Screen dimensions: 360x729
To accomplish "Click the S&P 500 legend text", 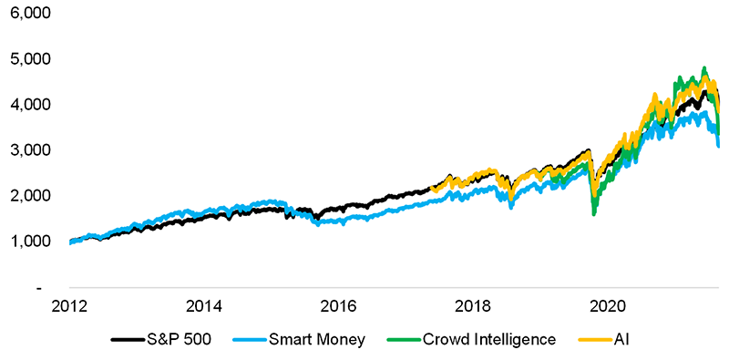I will [179, 340].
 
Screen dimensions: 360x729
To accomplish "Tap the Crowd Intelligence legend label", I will [488, 340].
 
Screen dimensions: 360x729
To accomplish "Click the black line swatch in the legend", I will [127, 340].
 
